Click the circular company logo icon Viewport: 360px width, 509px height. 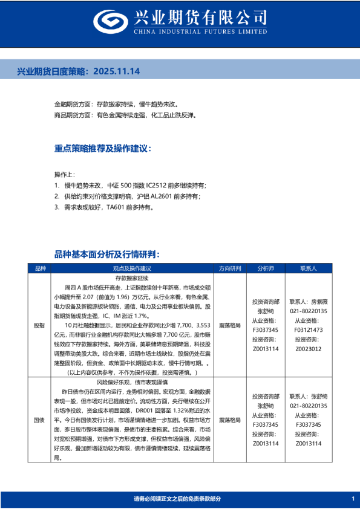tap(112, 22)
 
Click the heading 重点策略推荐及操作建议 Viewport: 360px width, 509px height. tap(102, 149)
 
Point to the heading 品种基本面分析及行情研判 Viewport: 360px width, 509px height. tap(106, 254)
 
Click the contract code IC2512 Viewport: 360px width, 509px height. tap(149, 186)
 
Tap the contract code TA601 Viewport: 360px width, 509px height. tap(117, 207)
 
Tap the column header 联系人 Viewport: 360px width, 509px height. tap(308, 268)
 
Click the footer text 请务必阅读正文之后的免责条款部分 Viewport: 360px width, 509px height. tap(177, 499)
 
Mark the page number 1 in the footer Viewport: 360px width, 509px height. tap(352, 499)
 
